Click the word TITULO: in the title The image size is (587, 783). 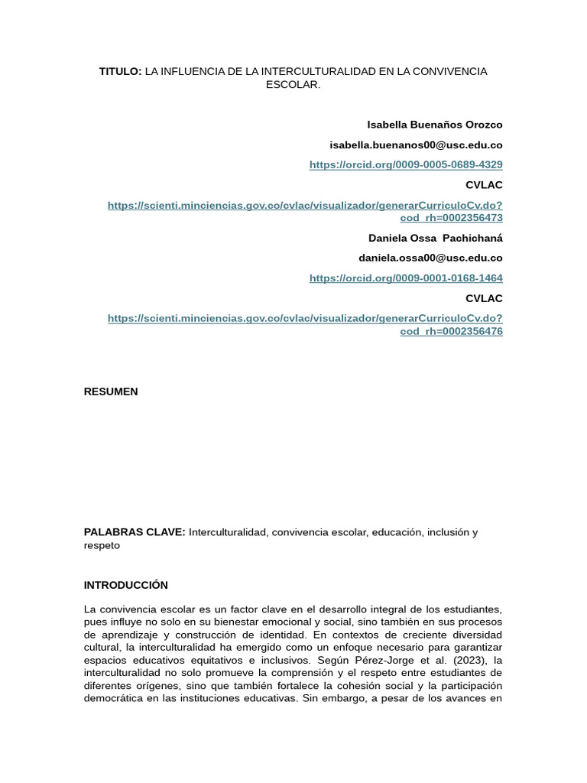click(x=120, y=71)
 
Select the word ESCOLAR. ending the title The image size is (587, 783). click(x=293, y=85)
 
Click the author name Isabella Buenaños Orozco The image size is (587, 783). click(x=434, y=125)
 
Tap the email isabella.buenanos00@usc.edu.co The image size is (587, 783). click(x=416, y=145)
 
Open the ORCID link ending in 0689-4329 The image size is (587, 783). click(x=406, y=164)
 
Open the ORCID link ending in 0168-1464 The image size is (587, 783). click(x=406, y=278)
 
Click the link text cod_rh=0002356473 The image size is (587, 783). click(x=451, y=218)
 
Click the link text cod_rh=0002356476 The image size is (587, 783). click(x=451, y=332)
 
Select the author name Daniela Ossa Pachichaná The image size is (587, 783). click(x=435, y=238)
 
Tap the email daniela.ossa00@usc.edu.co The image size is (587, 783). click(x=430, y=258)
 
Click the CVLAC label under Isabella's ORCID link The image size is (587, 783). click(x=484, y=185)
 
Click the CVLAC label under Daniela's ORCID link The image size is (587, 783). click(x=484, y=298)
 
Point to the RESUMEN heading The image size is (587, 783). click(x=111, y=391)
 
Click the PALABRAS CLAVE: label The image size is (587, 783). click(x=135, y=532)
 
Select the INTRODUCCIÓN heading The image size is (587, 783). click(x=125, y=585)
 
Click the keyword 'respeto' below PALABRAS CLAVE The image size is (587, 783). click(x=102, y=546)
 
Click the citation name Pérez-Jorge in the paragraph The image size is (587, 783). click(x=397, y=660)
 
